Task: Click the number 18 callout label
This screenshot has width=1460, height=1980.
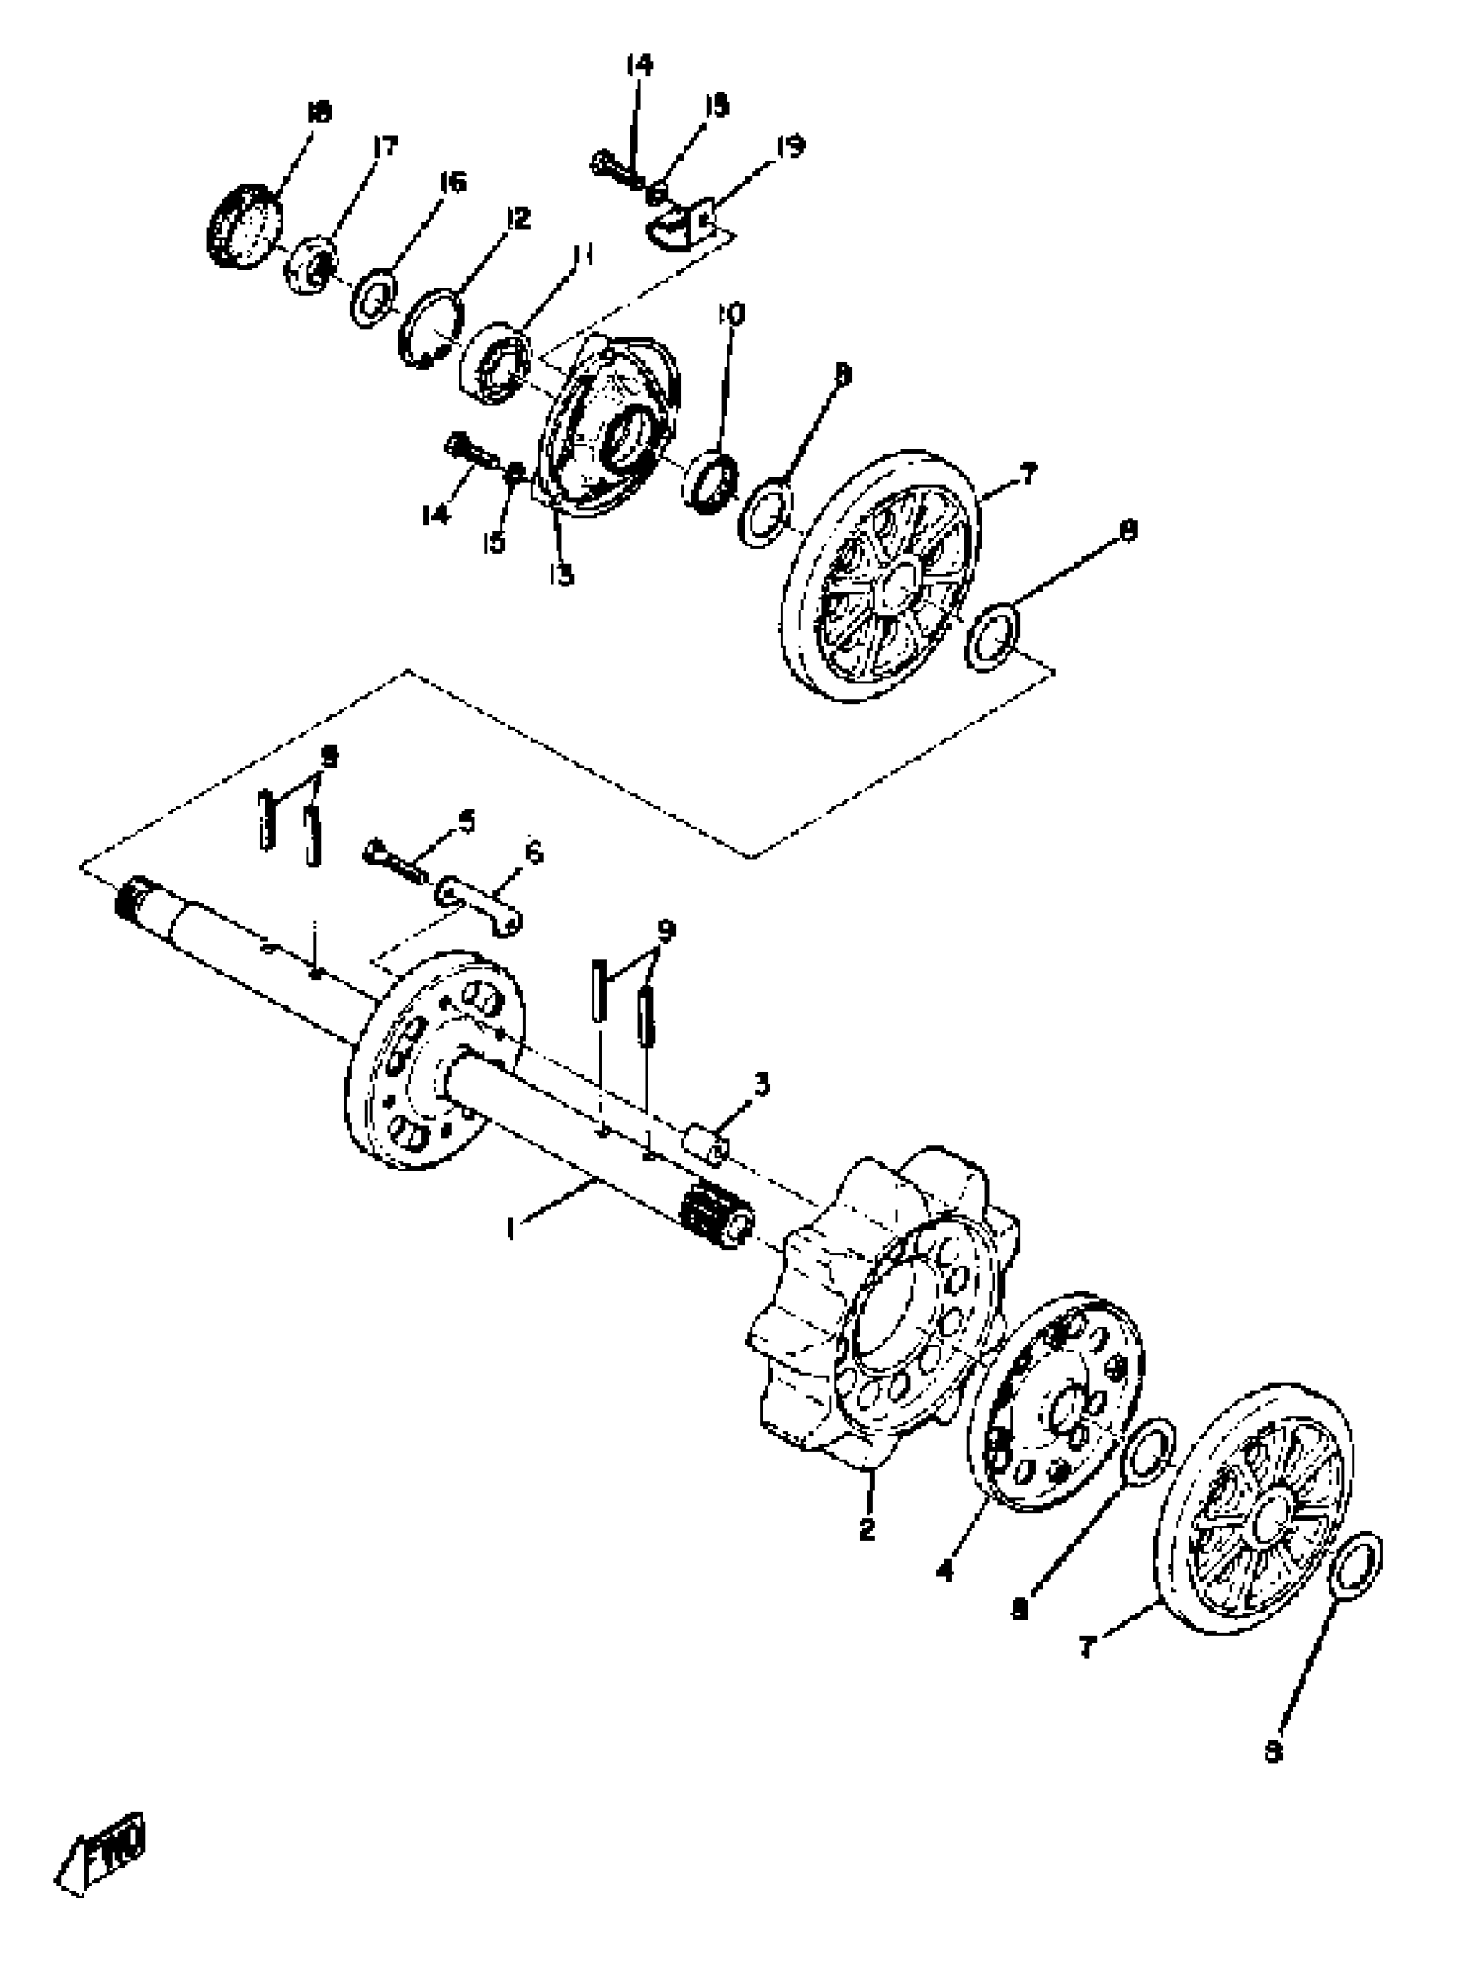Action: [318, 112]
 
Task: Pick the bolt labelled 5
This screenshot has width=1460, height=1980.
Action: [392, 858]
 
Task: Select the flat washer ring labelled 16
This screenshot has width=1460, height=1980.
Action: [374, 301]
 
